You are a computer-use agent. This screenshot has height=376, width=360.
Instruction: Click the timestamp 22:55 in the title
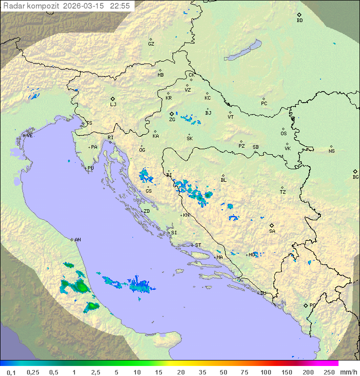(x=120, y=6)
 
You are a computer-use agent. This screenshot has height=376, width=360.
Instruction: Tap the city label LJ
(x=113, y=105)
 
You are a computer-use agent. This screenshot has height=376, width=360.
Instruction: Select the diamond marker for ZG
(x=171, y=114)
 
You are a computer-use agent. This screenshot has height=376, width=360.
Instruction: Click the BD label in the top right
(x=299, y=21)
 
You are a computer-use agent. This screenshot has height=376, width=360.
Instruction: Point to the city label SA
(x=272, y=231)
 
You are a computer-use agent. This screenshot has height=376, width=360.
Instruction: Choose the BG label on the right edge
(x=355, y=177)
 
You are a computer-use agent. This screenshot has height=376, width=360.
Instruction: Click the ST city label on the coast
(x=198, y=245)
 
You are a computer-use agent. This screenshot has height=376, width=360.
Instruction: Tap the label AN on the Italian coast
(x=77, y=240)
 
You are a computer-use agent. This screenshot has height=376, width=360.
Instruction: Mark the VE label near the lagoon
(x=29, y=136)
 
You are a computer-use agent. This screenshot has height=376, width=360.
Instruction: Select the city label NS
(x=331, y=151)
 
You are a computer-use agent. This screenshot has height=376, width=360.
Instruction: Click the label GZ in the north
(x=151, y=44)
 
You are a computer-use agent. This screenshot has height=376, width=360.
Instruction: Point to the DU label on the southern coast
(x=263, y=293)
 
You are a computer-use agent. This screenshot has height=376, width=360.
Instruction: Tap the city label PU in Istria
(x=90, y=168)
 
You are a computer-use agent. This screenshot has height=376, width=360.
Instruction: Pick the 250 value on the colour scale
(x=329, y=372)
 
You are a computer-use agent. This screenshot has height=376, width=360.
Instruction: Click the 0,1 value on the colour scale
(x=11, y=372)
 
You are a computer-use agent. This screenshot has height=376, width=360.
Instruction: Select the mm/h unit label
(x=348, y=372)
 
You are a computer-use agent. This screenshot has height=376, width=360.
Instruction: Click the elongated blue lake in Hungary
(x=243, y=50)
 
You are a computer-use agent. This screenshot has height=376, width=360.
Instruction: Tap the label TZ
(x=283, y=192)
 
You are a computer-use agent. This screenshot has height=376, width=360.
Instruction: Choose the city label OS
(x=283, y=134)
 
